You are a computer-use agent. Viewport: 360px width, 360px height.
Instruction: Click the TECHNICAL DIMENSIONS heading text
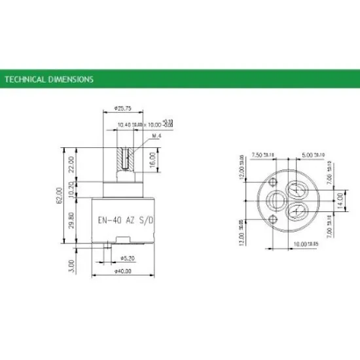point(49,80)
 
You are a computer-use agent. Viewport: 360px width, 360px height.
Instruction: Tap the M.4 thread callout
point(156,135)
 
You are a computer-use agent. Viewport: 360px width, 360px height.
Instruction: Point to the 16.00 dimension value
point(152,158)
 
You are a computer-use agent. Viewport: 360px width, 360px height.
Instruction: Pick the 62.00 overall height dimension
point(60,195)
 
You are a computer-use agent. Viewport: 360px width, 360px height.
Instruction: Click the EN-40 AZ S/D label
point(123,220)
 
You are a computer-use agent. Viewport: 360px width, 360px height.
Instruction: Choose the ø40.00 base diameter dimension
point(123,270)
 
